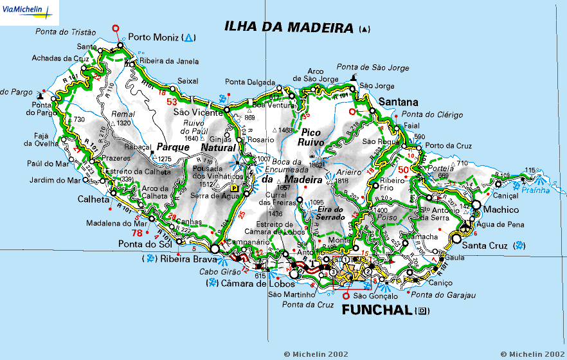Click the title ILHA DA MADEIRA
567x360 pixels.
[x=289, y=27]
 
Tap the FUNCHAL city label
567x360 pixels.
[x=375, y=310]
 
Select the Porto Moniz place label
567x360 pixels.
[x=154, y=37]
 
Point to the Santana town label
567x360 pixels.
[x=399, y=102]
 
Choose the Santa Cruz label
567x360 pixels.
[x=485, y=245]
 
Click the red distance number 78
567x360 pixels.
[x=137, y=233]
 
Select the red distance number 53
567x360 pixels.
[x=172, y=102]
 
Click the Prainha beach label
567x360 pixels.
[x=535, y=190]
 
